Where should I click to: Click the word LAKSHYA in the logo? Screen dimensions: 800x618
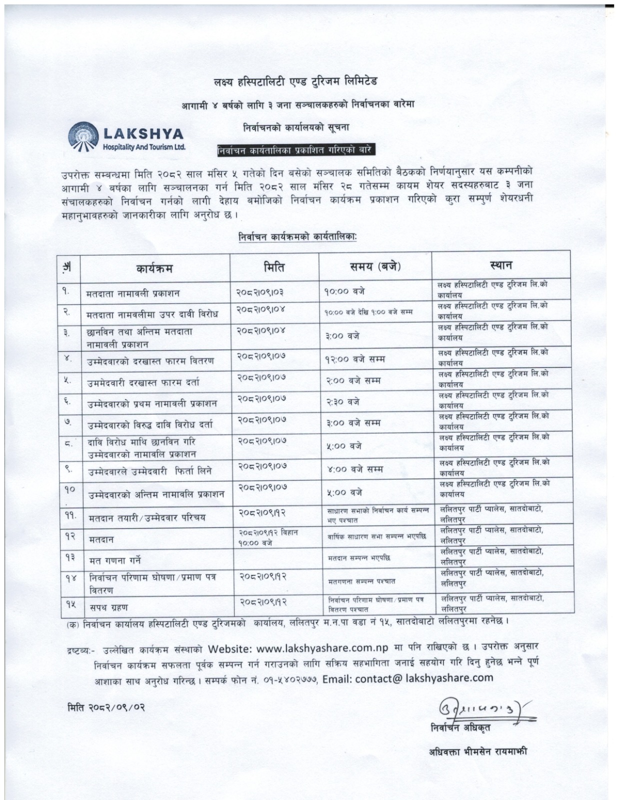(143, 134)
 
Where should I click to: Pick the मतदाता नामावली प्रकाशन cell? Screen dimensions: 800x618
(133, 293)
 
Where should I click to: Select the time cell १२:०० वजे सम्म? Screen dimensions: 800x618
(355, 359)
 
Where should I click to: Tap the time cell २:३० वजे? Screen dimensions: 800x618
(343, 401)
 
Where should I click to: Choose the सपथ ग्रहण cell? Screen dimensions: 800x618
(109, 607)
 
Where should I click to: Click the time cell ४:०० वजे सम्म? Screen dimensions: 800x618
(355, 469)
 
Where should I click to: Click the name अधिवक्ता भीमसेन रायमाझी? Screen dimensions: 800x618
(478, 751)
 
